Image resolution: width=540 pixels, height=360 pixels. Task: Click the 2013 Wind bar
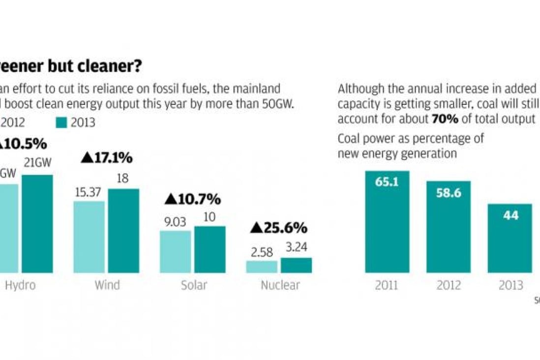click(x=123, y=231)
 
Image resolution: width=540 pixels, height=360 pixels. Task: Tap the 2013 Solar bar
click(x=210, y=249)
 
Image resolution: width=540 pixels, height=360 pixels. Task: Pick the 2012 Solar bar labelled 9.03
click(x=176, y=251)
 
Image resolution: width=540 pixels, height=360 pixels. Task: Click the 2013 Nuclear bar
click(x=296, y=265)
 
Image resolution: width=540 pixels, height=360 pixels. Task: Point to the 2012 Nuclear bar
click(x=262, y=267)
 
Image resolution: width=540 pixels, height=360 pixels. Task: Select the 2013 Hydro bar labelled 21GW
click(x=37, y=223)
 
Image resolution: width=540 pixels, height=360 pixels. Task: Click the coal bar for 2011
click(x=387, y=221)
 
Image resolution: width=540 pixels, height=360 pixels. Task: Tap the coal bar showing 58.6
click(x=448, y=227)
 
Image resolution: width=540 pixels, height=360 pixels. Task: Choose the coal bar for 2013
click(x=510, y=238)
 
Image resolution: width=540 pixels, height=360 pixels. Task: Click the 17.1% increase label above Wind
click(x=106, y=158)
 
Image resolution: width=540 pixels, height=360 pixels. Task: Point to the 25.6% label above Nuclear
click(x=278, y=228)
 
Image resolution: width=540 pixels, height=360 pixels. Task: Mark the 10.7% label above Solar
click(x=192, y=199)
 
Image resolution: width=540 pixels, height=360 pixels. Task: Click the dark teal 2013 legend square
click(x=61, y=122)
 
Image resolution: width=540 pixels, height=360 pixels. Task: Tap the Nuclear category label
click(x=280, y=285)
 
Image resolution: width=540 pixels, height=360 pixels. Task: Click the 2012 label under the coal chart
click(x=448, y=285)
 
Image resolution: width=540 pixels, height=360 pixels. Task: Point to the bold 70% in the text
click(x=446, y=119)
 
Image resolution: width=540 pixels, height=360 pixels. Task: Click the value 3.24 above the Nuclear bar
click(x=296, y=247)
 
